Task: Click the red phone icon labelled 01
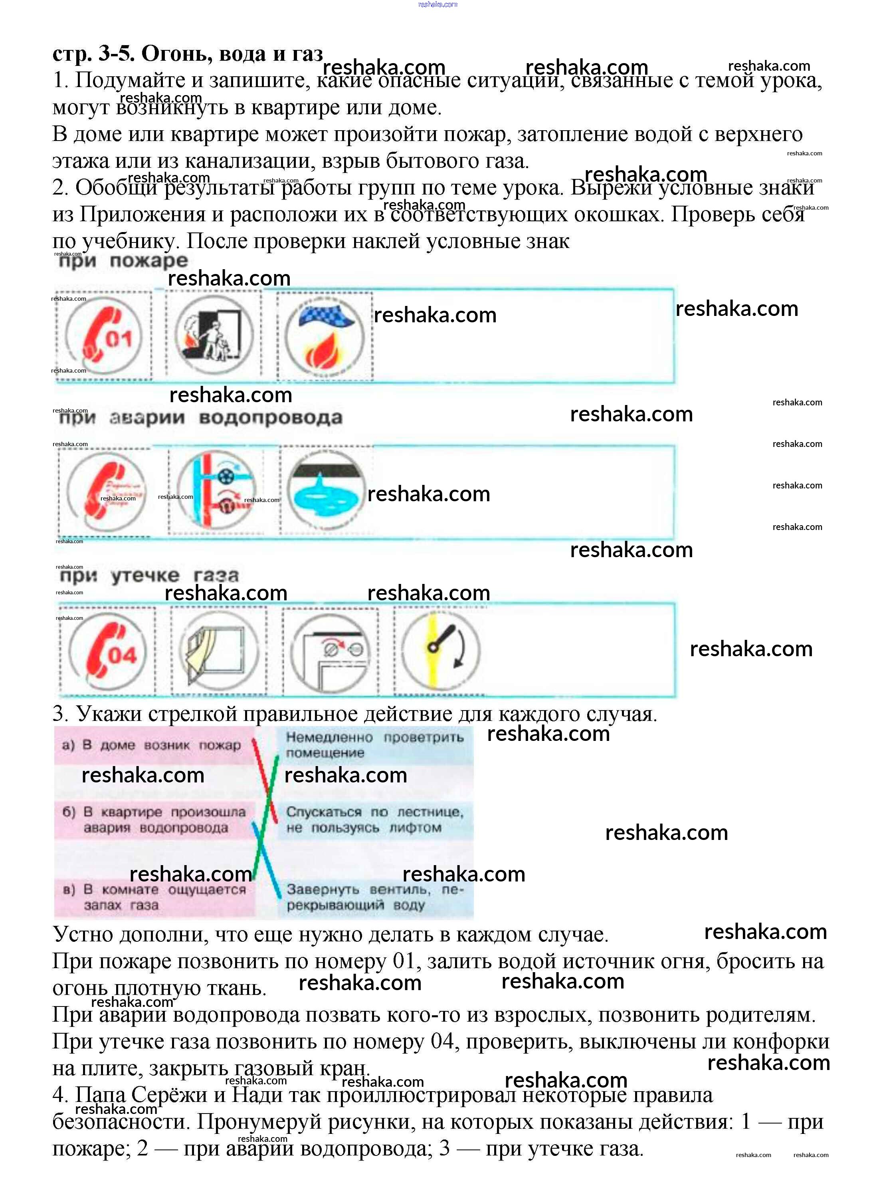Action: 104,336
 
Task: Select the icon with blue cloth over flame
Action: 325,336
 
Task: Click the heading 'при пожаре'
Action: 123,261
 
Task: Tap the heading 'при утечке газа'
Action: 149,575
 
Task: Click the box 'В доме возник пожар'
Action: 154,746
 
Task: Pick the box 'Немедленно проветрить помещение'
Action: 375,744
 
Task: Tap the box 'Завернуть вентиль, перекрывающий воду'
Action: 375,897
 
